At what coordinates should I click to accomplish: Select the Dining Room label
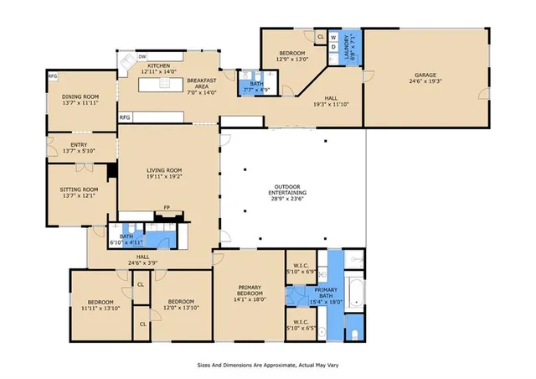tap(80, 97)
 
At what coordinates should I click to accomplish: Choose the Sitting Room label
tap(80, 189)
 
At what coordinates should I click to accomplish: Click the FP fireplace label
tap(167, 207)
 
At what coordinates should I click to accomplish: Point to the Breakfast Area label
tap(203, 80)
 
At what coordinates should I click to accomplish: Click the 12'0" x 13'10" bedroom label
tap(181, 305)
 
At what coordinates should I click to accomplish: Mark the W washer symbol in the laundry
tap(332, 37)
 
